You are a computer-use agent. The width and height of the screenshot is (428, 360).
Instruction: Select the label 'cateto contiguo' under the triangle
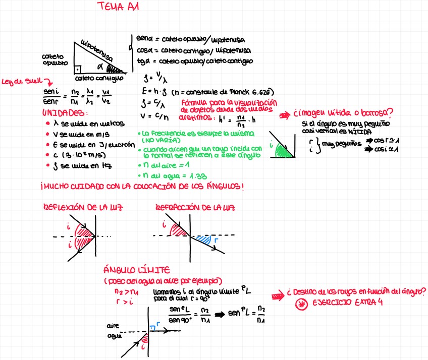pos(99,79)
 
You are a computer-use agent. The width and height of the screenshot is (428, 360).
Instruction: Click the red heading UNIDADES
pos(65,112)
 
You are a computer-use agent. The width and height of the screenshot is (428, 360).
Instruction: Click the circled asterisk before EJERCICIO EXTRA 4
pos(301,304)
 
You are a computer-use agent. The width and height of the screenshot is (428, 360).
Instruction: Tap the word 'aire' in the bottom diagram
pos(113,326)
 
